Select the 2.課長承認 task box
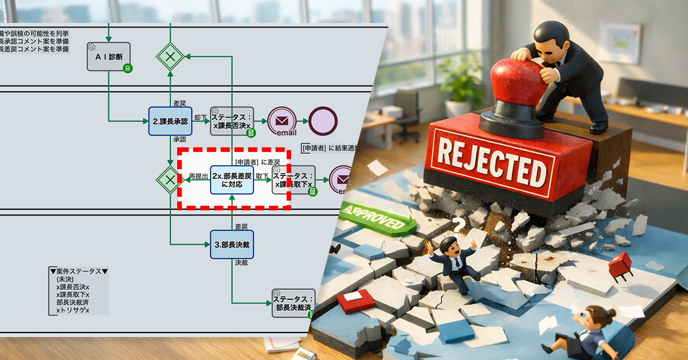pos(170,121)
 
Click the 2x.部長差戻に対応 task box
pos(232,179)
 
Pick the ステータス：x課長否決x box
pos(232,121)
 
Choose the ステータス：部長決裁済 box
pos(293,303)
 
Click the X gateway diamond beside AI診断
pos(170,56)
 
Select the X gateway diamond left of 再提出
pos(170,179)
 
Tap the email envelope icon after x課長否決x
pos(282,121)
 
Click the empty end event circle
pos(323,121)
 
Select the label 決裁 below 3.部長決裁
pos(241,263)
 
